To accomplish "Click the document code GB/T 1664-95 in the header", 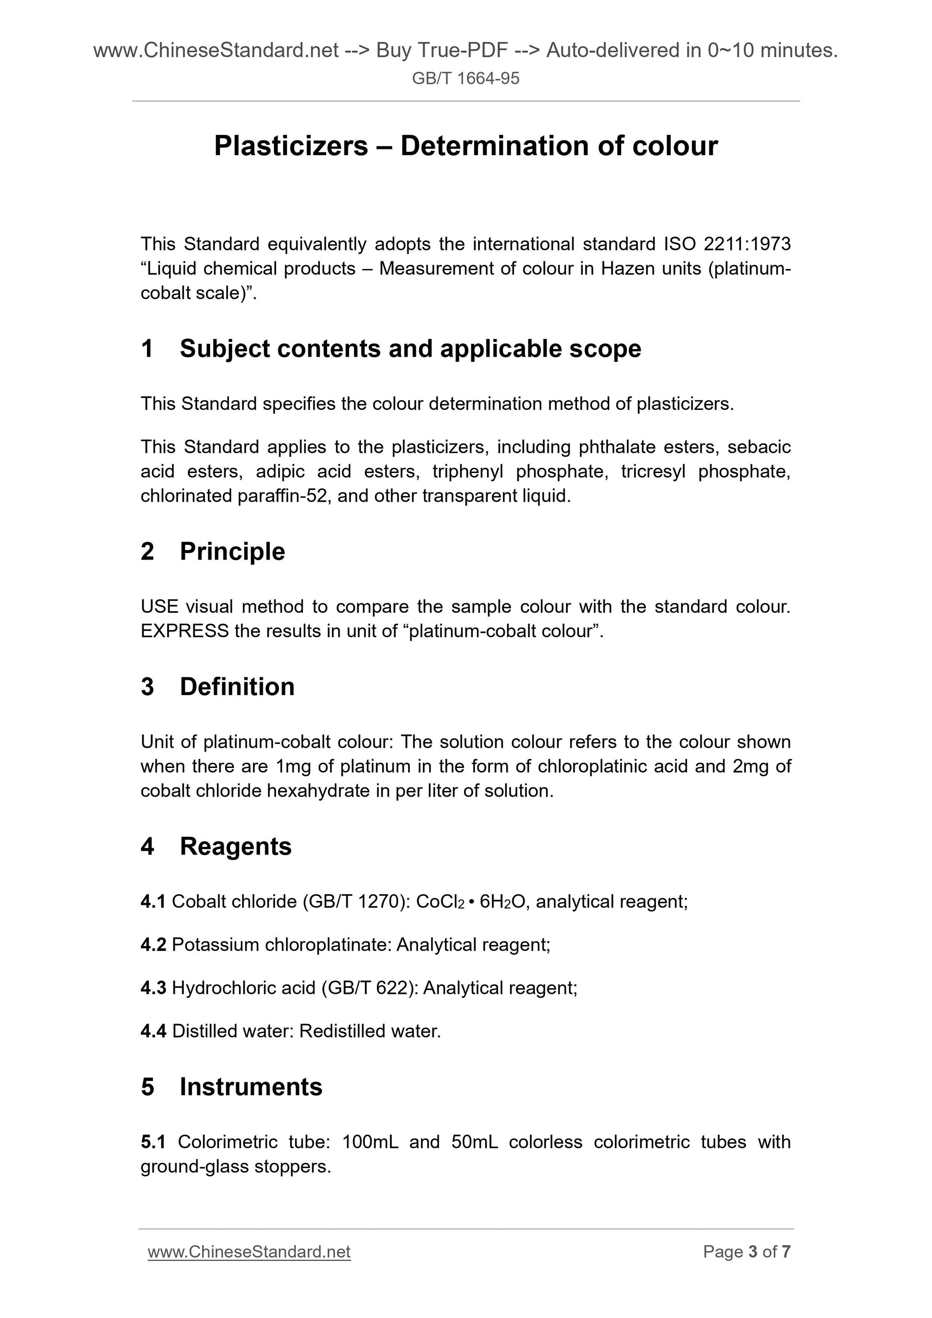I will pyautogui.click(x=466, y=78).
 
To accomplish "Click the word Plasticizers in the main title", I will pyautogui.click(x=291, y=146).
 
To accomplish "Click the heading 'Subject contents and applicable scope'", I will pyautogui.click(x=410, y=349).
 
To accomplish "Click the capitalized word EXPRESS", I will pyautogui.click(x=184, y=631).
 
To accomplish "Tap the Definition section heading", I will pyautogui.click(x=237, y=687).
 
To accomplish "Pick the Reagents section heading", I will pyautogui.click(x=236, y=846).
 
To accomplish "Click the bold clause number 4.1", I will pyautogui.click(x=153, y=902).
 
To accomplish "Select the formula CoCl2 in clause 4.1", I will pyautogui.click(x=440, y=902).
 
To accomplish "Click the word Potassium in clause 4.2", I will pyautogui.click(x=216, y=945).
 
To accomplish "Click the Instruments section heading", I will pyautogui.click(x=251, y=1087).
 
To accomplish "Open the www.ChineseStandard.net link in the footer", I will pyautogui.click(x=249, y=1252).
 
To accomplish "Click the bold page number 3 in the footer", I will pyautogui.click(x=752, y=1252).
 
